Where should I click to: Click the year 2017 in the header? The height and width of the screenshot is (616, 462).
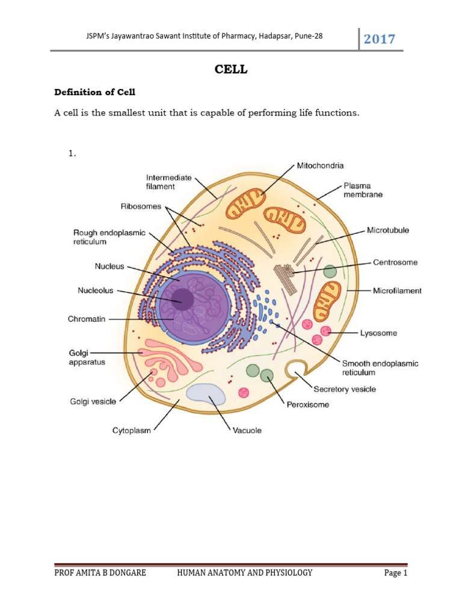click(380, 39)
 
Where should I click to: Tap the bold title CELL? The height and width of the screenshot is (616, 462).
click(231, 70)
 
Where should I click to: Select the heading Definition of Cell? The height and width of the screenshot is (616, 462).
click(95, 92)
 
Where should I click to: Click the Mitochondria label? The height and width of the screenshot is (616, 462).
click(320, 164)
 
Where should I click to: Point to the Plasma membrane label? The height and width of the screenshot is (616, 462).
click(363, 190)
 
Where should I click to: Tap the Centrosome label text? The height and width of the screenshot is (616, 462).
click(395, 262)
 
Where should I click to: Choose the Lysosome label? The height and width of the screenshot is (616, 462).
click(378, 333)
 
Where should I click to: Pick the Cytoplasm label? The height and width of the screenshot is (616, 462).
click(132, 430)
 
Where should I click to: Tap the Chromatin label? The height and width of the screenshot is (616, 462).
click(87, 319)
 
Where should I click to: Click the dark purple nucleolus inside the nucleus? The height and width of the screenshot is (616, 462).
click(182, 298)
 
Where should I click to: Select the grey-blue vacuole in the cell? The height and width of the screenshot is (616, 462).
click(206, 393)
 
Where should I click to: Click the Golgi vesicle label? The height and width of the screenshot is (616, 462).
click(93, 402)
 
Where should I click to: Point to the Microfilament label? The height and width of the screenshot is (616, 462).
click(396, 291)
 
